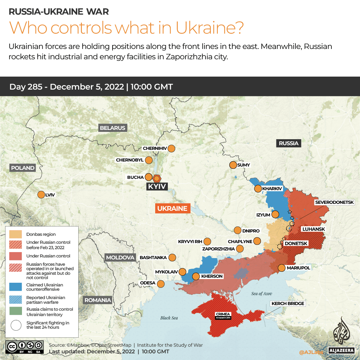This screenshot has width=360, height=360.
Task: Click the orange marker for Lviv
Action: pyautogui.click(x=41, y=194)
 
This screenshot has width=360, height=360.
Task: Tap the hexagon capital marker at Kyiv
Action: pyautogui.click(x=157, y=178)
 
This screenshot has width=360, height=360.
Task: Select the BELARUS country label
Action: pyautogui.click(x=113, y=128)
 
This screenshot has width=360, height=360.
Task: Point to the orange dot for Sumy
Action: pyautogui.click(x=232, y=165)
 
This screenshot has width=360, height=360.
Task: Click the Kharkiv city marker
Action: pyautogui.click(x=258, y=189)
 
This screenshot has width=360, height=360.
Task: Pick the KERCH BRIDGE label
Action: pyautogui.click(x=288, y=303)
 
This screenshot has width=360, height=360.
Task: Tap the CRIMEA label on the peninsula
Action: pyautogui.click(x=223, y=314)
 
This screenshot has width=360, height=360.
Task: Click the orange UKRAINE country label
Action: pyautogui.click(x=173, y=208)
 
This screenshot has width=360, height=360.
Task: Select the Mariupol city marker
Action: pyautogui.click(x=281, y=268)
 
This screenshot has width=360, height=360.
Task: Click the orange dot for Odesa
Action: pyautogui.click(x=161, y=284)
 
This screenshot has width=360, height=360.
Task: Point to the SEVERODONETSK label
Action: pyautogui.click(x=337, y=202)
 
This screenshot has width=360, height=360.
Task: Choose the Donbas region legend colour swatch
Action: pyautogui.click(x=16, y=234)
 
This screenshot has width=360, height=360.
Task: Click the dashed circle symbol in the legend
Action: pyautogui.click(x=16, y=325)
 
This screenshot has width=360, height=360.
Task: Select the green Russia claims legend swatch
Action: pyautogui.click(x=16, y=312)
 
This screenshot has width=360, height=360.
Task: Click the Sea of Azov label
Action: pyautogui.click(x=261, y=293)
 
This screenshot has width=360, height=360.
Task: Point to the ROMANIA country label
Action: pyautogui.click(x=98, y=300)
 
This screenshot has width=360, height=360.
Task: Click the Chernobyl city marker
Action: pyautogui.click(x=149, y=160)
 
